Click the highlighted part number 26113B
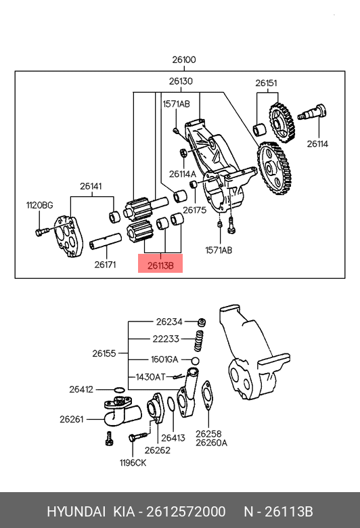(160, 265)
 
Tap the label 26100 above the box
(184, 60)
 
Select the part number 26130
(181, 81)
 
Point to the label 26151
(266, 83)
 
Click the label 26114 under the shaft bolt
(317, 144)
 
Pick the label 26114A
(183, 174)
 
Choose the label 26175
(194, 210)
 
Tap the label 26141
(91, 186)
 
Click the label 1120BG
(40, 205)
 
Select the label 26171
(105, 265)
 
